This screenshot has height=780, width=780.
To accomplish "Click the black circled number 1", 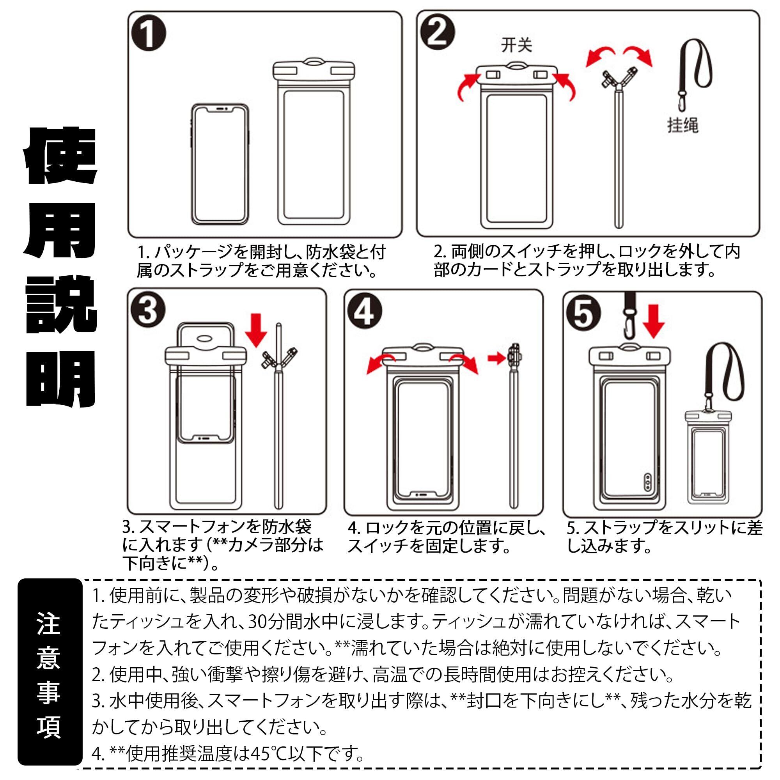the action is click(x=149, y=34).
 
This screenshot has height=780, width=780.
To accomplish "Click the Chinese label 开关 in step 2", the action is click(x=517, y=45).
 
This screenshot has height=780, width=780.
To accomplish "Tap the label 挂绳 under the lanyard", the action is click(x=682, y=125).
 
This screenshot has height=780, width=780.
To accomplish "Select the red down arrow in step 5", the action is click(x=653, y=322).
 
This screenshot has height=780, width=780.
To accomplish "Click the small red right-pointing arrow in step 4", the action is click(x=497, y=358).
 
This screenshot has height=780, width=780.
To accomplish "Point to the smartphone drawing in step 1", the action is click(x=220, y=164).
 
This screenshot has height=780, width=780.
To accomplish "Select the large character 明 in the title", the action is click(x=60, y=379).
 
